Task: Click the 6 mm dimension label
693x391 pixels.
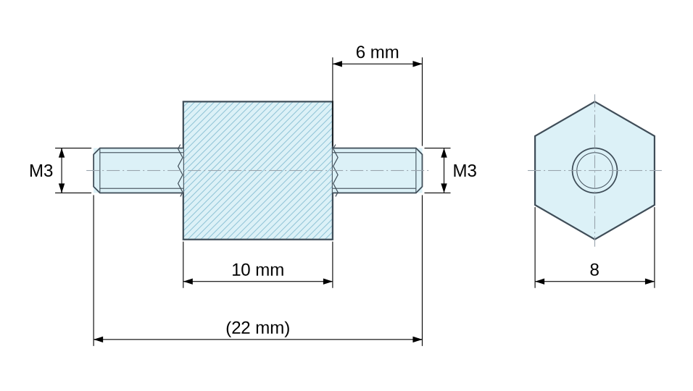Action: [x=377, y=52]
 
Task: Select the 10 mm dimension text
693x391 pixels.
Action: [x=257, y=269]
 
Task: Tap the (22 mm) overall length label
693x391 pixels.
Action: [x=257, y=328]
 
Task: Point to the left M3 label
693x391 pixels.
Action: [x=41, y=171]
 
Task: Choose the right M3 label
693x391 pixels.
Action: [x=465, y=171]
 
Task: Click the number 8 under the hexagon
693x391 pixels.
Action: [x=594, y=269]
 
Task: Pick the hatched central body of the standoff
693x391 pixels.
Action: [x=257, y=170]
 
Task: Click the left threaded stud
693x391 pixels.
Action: [x=138, y=170]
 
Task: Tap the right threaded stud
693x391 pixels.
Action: [x=378, y=170]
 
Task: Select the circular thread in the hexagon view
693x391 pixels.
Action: [x=595, y=148]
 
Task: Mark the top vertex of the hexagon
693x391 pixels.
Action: [x=594, y=101]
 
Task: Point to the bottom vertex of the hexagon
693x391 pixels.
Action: [x=594, y=239]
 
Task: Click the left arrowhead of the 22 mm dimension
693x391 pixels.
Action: [x=98, y=340]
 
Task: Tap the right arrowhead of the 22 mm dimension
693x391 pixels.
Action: [x=418, y=340]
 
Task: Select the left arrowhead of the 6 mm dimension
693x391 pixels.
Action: [x=338, y=64]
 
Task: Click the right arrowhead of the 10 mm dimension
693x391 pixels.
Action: [x=328, y=281]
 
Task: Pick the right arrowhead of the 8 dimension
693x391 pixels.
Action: [x=650, y=281]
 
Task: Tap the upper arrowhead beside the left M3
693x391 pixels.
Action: [x=62, y=153]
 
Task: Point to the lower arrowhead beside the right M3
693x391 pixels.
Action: [x=444, y=188]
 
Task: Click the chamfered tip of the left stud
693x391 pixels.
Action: [x=97, y=170]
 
